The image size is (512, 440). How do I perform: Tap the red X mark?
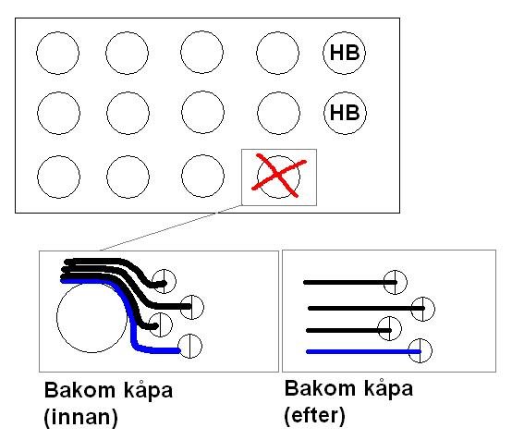279,176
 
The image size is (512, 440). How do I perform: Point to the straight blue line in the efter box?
363,352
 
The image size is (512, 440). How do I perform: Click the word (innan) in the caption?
80,418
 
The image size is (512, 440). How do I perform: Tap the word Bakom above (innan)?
79,390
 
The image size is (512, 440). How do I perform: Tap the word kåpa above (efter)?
388,389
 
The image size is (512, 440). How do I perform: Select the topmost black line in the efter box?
350,282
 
